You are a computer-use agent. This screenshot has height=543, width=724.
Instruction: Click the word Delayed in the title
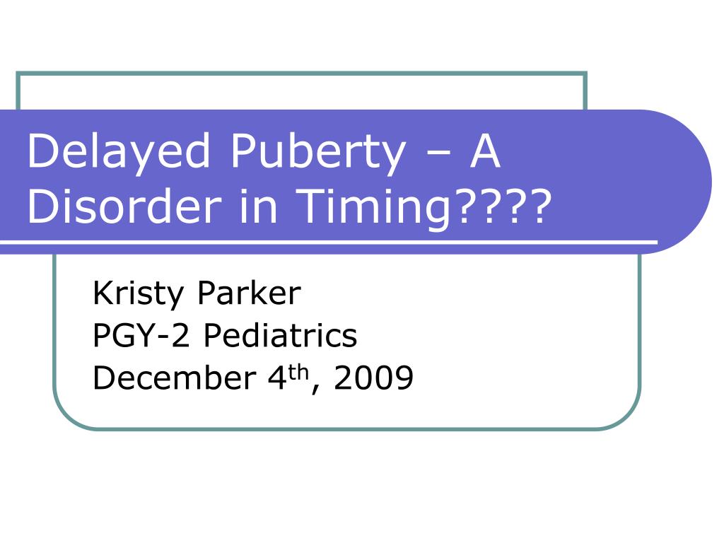[119, 153]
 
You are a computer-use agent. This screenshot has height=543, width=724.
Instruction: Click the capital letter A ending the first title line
[485, 150]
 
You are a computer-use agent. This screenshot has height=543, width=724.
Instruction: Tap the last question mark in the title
[539, 206]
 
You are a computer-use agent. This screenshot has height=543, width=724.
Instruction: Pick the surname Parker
[250, 293]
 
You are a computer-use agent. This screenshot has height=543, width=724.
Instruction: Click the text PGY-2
[141, 334]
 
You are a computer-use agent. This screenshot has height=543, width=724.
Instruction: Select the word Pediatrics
[280, 334]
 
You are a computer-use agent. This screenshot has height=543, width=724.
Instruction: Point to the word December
[175, 378]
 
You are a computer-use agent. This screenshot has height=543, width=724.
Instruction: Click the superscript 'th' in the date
[299, 372]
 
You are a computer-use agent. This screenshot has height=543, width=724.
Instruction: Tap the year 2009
[373, 378]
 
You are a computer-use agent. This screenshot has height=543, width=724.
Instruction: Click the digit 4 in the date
[277, 378]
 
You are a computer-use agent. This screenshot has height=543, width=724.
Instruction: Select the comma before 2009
[315, 389]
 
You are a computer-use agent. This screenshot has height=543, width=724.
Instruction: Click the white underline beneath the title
[329, 242]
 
